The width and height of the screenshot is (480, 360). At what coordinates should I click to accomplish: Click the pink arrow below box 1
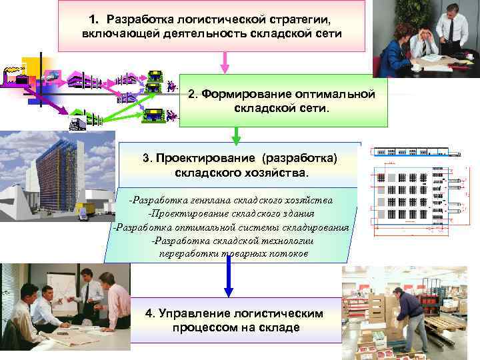pos(225,63)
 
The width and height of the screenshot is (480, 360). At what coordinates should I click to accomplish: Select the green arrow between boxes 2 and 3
pos(235,135)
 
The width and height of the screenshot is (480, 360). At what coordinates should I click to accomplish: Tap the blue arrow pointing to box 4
pos(229,277)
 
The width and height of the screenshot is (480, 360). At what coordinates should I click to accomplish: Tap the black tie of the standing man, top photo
pos(451,29)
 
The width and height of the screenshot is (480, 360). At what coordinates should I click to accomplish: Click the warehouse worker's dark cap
pos(397,291)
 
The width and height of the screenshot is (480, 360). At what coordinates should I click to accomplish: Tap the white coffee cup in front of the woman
pos(414,67)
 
